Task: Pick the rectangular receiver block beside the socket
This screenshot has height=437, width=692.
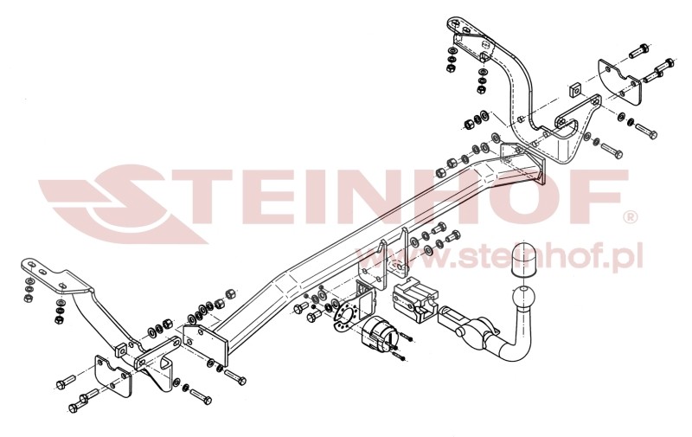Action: [413, 299]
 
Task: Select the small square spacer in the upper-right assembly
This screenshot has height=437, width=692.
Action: [573, 90]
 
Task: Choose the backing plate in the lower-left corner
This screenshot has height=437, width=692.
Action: [112, 378]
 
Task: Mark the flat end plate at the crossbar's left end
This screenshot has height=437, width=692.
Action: [206, 344]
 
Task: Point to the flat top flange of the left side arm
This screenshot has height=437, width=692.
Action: [43, 268]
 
